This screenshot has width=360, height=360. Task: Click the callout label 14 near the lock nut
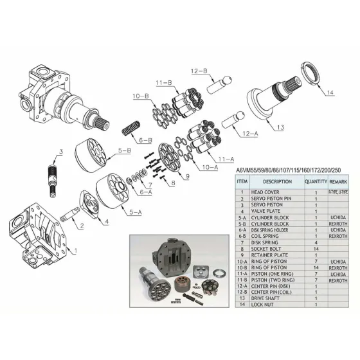[330, 93]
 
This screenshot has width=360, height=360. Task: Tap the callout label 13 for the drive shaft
[280, 128]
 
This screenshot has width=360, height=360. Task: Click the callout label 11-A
[226, 158]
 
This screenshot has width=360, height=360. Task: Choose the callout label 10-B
[141, 96]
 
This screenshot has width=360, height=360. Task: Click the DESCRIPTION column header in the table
[277, 182]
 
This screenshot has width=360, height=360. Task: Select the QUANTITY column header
[316, 182]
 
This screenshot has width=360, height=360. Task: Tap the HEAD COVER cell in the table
[265, 192]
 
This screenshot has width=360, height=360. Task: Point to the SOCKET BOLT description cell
[267, 248]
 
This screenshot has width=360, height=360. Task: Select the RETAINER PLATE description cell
[271, 255]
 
